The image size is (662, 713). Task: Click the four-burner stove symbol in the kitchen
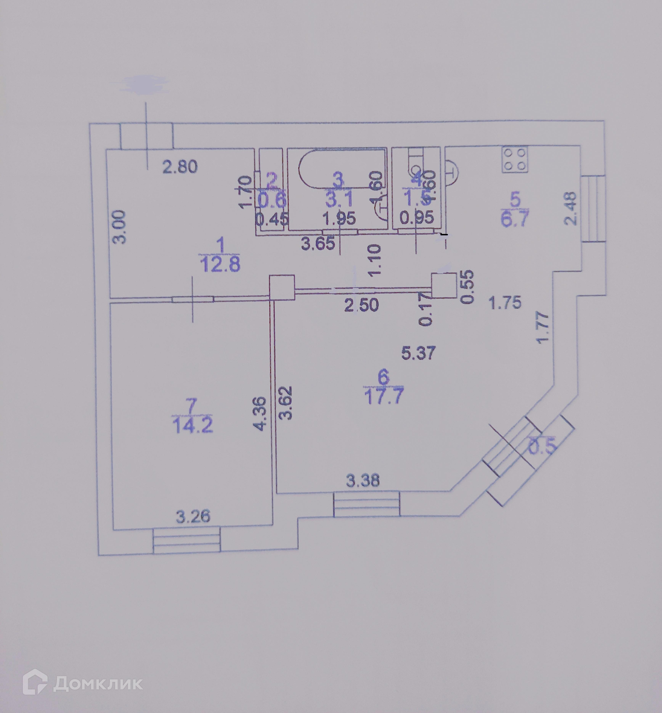[x=515, y=159]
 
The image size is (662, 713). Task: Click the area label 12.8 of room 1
[x=220, y=265]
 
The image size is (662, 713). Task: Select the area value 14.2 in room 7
[x=193, y=426]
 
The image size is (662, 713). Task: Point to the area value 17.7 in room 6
[x=384, y=396]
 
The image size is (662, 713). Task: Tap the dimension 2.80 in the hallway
[x=180, y=167]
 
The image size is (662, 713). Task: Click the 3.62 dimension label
[x=286, y=403]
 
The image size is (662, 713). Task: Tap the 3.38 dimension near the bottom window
[x=362, y=481]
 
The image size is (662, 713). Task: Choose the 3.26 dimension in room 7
[x=193, y=516]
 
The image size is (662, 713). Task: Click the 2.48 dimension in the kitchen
[x=571, y=208]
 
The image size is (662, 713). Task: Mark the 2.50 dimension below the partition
[x=361, y=305]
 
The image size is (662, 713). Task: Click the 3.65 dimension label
[x=318, y=244]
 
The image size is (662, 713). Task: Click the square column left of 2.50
[x=282, y=287]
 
